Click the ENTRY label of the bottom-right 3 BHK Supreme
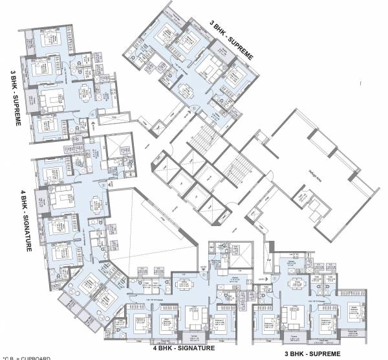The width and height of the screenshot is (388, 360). (261, 278)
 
